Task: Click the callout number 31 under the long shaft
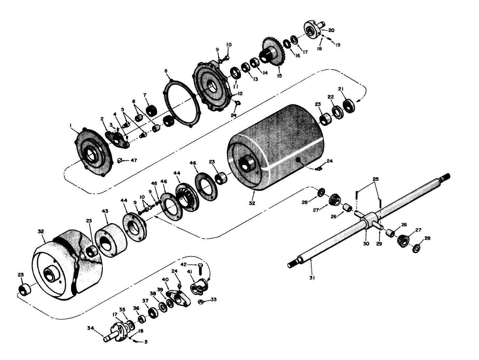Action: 312,278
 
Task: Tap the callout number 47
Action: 133,160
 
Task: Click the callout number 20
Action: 331,30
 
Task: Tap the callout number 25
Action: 376,179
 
